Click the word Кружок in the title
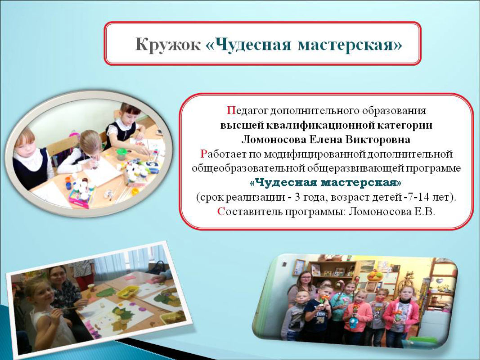168,45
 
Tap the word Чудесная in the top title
251,45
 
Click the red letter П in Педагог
231,111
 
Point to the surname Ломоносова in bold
274,140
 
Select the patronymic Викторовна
378,140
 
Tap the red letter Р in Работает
204,153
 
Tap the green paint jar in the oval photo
121,153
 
